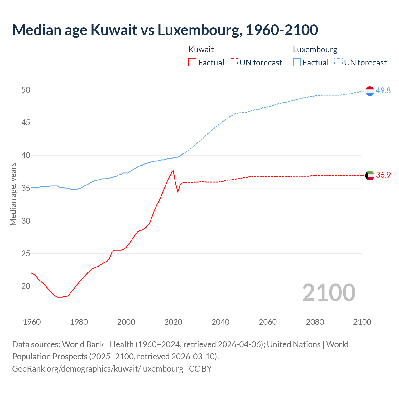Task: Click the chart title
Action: click(x=165, y=30)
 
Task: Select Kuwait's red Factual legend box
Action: click(x=192, y=63)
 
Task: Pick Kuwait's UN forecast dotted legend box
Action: click(x=234, y=63)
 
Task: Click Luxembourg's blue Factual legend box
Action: click(x=297, y=63)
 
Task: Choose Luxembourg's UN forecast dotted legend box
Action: click(x=339, y=63)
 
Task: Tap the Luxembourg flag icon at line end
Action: click(x=370, y=91)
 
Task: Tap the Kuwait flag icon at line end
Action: click(x=370, y=175)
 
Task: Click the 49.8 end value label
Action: click(x=383, y=91)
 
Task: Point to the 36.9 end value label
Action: click(x=383, y=175)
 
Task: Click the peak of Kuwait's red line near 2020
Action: click(x=173, y=170)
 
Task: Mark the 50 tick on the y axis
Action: click(x=26, y=90)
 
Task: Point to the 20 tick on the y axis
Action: click(x=26, y=286)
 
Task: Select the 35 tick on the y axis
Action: click(x=26, y=188)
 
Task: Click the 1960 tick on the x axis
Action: click(x=32, y=322)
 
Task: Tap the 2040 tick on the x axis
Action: click(x=220, y=322)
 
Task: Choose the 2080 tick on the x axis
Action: click(x=315, y=322)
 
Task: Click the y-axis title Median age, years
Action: click(x=13, y=194)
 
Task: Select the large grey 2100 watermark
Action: click(x=329, y=292)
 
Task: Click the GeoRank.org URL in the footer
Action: click(x=98, y=368)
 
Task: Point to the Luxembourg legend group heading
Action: click(x=315, y=50)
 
